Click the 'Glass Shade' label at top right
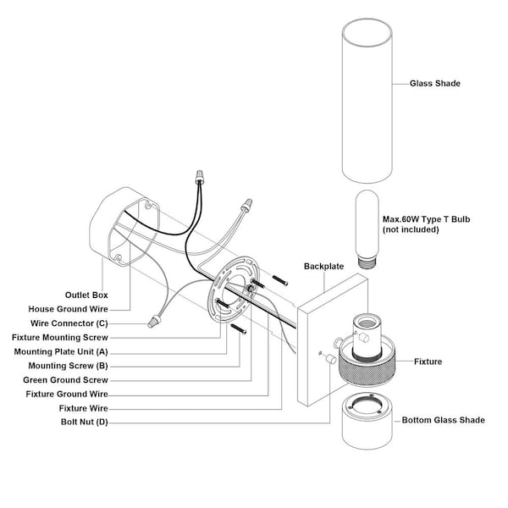point(434,84)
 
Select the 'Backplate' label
point(323,266)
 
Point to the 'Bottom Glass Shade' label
point(443,420)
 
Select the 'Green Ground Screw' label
point(67,379)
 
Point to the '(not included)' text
point(411,229)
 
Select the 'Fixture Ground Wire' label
point(67,394)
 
